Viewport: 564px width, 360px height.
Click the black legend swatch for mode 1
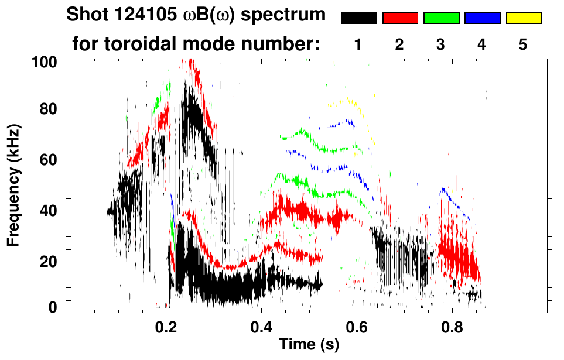tap(358, 18)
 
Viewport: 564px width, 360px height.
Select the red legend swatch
tap(400, 18)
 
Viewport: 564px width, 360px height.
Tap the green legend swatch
tap(441, 18)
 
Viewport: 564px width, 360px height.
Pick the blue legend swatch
tap(482, 18)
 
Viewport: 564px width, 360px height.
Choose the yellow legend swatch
tap(524, 18)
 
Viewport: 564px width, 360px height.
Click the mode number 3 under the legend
tap(441, 44)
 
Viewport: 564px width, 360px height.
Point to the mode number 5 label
tap(523, 44)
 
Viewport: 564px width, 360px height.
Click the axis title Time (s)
tap(309, 345)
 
